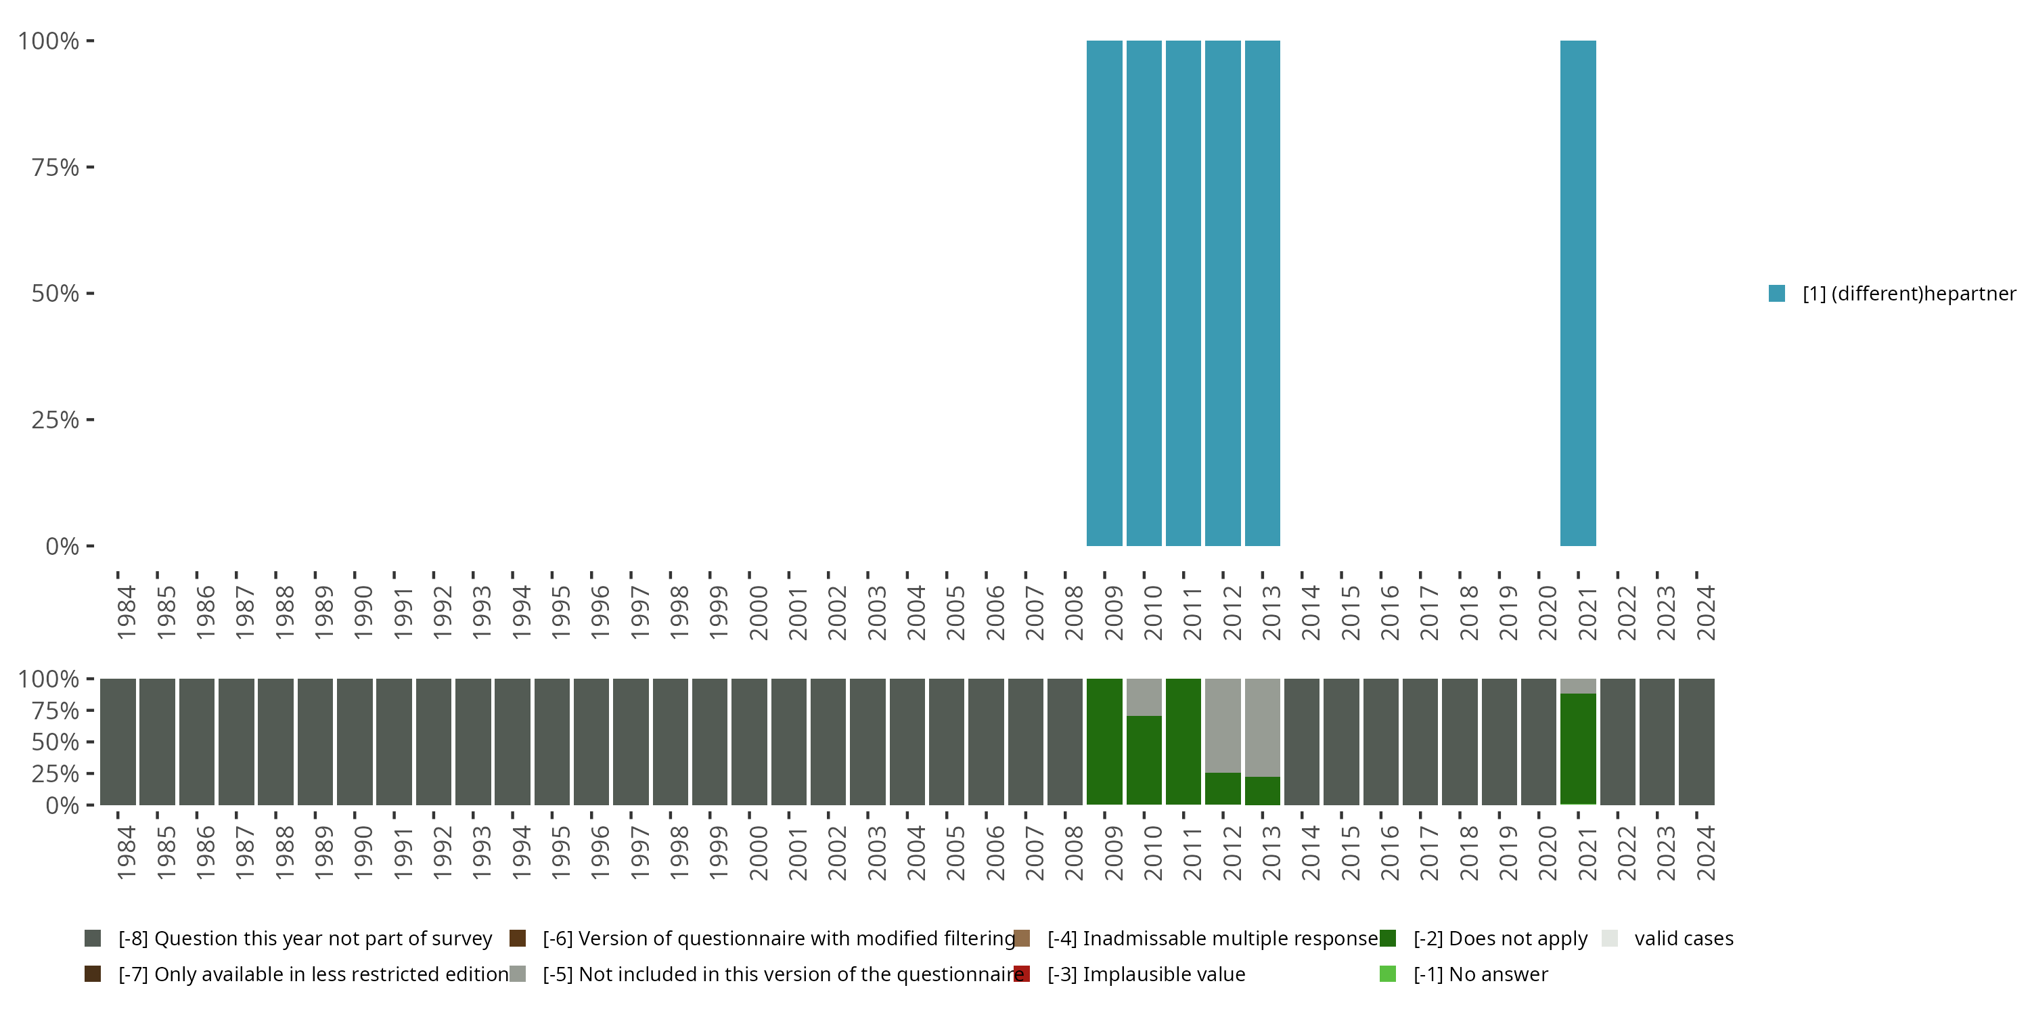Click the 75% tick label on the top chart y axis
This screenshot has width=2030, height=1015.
pyautogui.click(x=55, y=168)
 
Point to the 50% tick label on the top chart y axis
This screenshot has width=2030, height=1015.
pyautogui.click(x=55, y=294)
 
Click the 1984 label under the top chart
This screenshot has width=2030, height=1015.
pyautogui.click(x=126, y=612)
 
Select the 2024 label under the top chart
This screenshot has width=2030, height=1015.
pyautogui.click(x=1705, y=612)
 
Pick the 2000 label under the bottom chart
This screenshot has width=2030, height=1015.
pyautogui.click(x=758, y=853)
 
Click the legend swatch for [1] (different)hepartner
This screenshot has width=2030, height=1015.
pyautogui.click(x=1776, y=293)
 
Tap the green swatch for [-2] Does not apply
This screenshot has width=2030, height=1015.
pyautogui.click(x=1388, y=938)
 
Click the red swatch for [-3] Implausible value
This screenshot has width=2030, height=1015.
pyautogui.click(x=1022, y=974)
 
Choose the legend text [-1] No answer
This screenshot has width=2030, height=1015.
pyautogui.click(x=1480, y=974)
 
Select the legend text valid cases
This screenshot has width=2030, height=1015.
pyautogui.click(x=1684, y=938)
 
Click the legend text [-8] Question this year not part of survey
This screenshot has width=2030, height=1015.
pyautogui.click(x=305, y=938)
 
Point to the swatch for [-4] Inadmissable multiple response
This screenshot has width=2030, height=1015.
pyautogui.click(x=1022, y=938)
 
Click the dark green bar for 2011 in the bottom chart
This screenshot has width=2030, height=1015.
pyautogui.click(x=1183, y=741)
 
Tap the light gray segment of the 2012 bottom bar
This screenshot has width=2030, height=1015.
pyautogui.click(x=1223, y=725)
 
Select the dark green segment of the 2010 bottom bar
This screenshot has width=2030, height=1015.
pyautogui.click(x=1144, y=761)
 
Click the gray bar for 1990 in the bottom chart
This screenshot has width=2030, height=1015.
pyautogui.click(x=355, y=741)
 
